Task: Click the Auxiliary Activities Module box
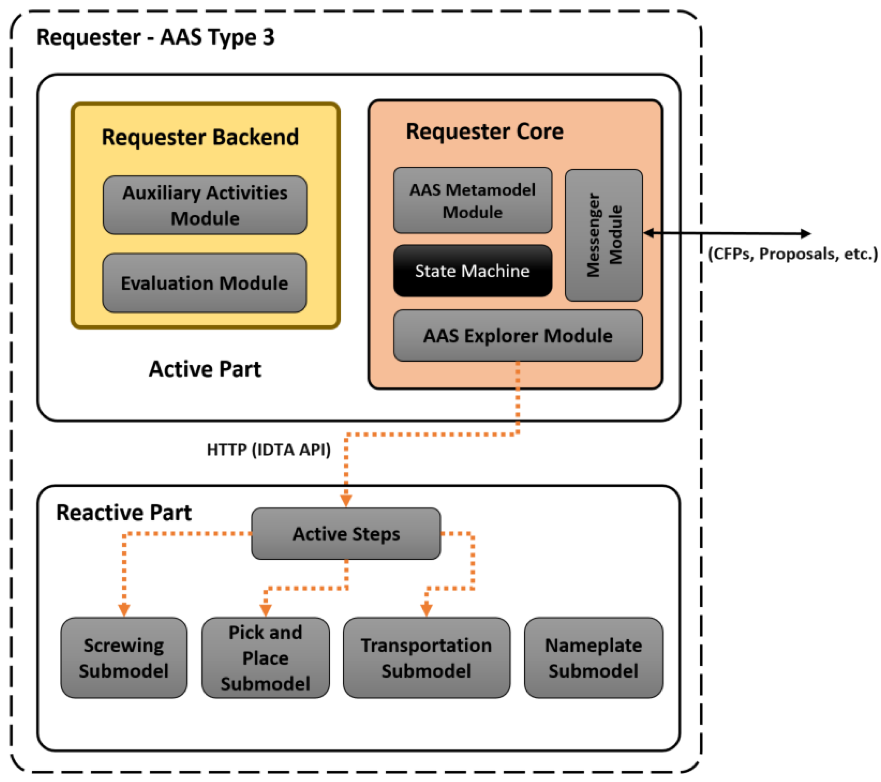(x=205, y=205)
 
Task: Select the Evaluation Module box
(x=205, y=283)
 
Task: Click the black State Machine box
(x=473, y=271)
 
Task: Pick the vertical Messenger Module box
(x=604, y=235)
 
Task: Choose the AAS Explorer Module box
(x=518, y=335)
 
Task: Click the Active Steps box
(x=346, y=533)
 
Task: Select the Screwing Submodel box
(x=124, y=658)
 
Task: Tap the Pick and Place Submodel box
(x=265, y=658)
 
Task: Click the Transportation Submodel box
(x=427, y=658)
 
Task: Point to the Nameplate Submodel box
(x=593, y=658)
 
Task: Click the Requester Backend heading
(x=200, y=137)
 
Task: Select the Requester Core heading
(x=484, y=131)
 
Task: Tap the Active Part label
(x=205, y=369)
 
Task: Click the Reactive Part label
(x=124, y=513)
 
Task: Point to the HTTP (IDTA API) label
(x=269, y=450)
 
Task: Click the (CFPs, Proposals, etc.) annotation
(x=792, y=254)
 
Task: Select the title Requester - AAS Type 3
(x=155, y=37)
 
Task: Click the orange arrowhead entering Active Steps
(x=346, y=501)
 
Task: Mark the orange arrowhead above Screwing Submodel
(x=124, y=610)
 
